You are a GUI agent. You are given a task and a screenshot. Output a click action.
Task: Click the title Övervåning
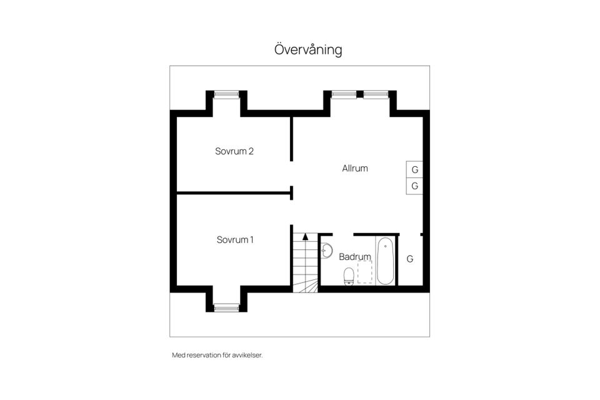(308, 49)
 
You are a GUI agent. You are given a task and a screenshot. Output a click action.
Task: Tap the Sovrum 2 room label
(234, 151)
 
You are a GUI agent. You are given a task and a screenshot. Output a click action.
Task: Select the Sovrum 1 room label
(234, 239)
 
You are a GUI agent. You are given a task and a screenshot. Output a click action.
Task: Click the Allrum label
(354, 168)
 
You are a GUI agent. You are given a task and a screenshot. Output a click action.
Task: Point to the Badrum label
(354, 256)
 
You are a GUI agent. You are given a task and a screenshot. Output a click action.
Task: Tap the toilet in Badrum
(349, 276)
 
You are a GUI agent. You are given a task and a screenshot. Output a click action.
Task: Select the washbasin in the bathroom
(326, 251)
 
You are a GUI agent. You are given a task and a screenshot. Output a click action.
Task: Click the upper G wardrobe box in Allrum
(414, 169)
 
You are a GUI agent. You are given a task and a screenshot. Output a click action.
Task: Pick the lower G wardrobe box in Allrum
(414, 186)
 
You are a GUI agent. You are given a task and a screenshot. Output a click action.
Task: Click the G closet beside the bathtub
(410, 259)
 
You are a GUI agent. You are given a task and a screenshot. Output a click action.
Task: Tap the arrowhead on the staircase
(305, 237)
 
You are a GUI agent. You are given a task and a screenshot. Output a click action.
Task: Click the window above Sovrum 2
(226, 95)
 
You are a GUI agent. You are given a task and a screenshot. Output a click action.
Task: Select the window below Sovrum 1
(226, 307)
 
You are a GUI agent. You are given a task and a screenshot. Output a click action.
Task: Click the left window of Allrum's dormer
(343, 95)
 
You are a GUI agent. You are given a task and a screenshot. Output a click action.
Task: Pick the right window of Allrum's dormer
(376, 95)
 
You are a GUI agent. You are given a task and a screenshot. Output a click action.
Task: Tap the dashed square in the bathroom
(365, 272)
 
